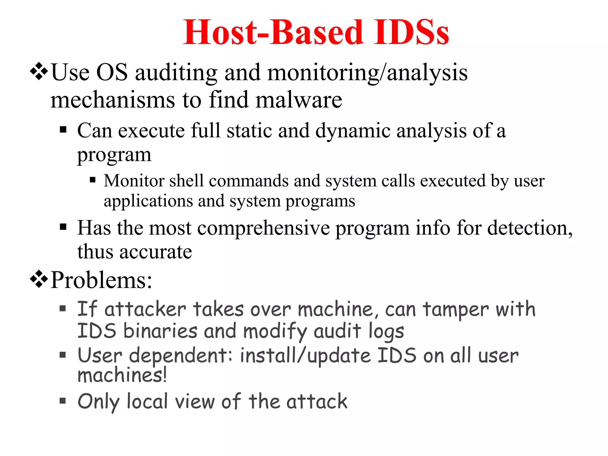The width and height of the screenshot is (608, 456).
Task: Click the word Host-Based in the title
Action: (x=273, y=32)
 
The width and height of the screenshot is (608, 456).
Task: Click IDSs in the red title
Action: (x=411, y=32)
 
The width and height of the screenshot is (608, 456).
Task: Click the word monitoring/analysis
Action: (x=368, y=72)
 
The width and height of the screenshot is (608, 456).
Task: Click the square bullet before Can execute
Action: (x=63, y=130)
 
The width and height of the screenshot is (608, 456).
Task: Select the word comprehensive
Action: (x=263, y=228)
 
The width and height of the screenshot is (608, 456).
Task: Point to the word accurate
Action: (x=156, y=252)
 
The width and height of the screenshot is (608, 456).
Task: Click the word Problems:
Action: (x=101, y=280)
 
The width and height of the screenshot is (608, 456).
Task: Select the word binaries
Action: (x=160, y=331)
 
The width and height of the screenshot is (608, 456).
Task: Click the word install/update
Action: (x=305, y=356)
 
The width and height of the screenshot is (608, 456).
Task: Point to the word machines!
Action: (x=122, y=375)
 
